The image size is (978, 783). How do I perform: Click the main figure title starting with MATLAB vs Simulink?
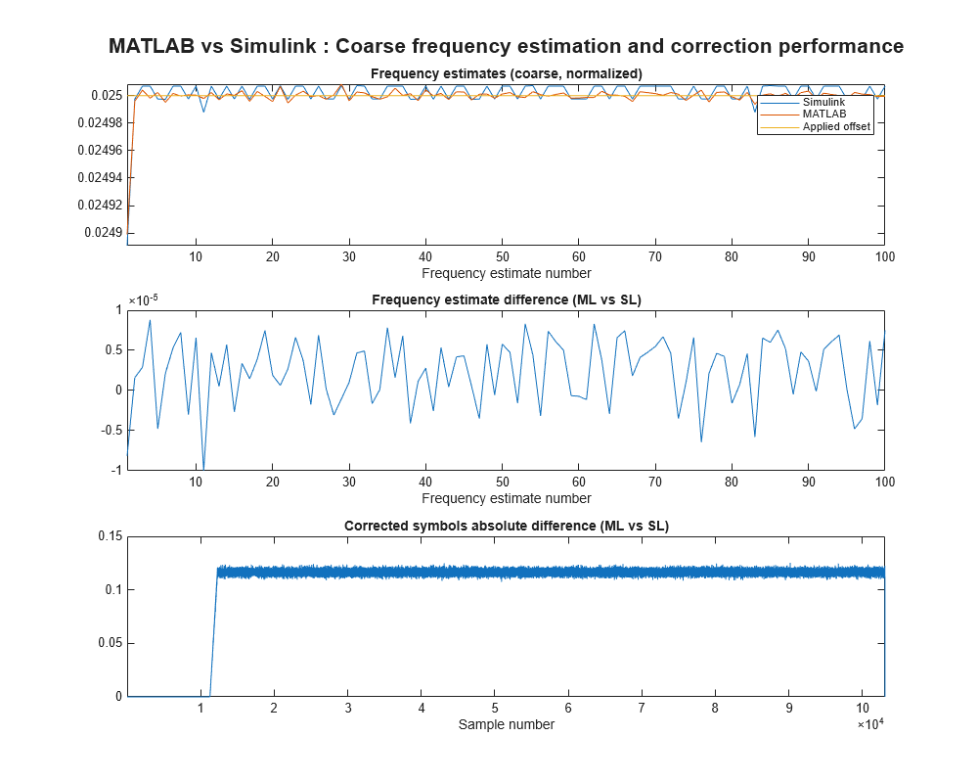[x=506, y=46]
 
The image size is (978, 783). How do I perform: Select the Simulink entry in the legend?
[x=823, y=103]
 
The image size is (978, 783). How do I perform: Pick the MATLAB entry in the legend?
[x=823, y=115]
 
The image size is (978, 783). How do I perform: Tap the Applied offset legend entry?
[x=836, y=126]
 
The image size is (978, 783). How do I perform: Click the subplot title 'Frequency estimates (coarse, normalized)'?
[x=506, y=73]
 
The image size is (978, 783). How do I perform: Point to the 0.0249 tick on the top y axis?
[x=103, y=233]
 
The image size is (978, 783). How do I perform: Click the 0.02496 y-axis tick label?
[x=99, y=150]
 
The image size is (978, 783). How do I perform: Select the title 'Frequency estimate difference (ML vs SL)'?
[x=506, y=299]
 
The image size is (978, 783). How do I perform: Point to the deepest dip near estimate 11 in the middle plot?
[x=203, y=468]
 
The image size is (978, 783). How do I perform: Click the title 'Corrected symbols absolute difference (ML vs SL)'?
[x=506, y=526]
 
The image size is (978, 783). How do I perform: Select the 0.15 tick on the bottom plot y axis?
[x=107, y=535]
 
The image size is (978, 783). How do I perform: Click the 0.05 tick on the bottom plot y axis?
[x=107, y=643]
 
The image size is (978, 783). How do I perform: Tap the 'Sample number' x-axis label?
[x=506, y=724]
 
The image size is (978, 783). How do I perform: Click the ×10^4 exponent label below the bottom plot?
[x=871, y=725]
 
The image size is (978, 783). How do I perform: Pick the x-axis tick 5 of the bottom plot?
[x=495, y=708]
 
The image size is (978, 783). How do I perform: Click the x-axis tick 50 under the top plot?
[x=502, y=256]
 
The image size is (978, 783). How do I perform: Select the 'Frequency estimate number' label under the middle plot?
[x=506, y=498]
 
